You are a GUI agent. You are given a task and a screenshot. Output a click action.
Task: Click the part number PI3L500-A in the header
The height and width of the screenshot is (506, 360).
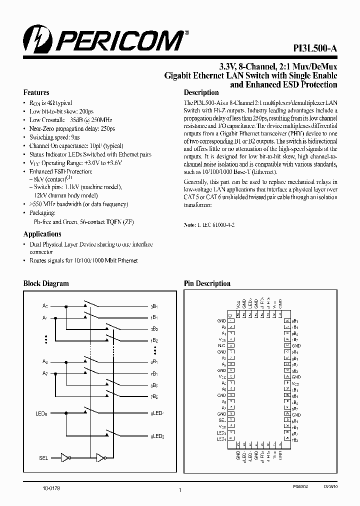315,48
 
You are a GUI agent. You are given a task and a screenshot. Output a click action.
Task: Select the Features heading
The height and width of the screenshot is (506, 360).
36,92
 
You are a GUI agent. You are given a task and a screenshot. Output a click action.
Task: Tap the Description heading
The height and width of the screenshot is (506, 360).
201,92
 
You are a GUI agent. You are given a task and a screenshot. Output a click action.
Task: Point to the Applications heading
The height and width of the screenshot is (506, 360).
42,234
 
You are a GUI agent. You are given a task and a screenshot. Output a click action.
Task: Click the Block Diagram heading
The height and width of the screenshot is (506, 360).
46,283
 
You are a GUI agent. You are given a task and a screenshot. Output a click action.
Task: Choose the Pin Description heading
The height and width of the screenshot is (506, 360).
207,283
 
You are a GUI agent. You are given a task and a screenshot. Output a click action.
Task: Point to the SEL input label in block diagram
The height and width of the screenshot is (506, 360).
43,457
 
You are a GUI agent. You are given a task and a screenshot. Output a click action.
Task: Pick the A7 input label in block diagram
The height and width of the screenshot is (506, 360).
45,372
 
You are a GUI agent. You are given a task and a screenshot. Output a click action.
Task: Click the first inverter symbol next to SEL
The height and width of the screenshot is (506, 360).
63,457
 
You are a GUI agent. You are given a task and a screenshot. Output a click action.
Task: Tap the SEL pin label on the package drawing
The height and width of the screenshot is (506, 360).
222,420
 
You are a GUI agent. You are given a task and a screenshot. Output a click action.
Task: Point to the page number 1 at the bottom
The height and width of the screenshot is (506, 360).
179,490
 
